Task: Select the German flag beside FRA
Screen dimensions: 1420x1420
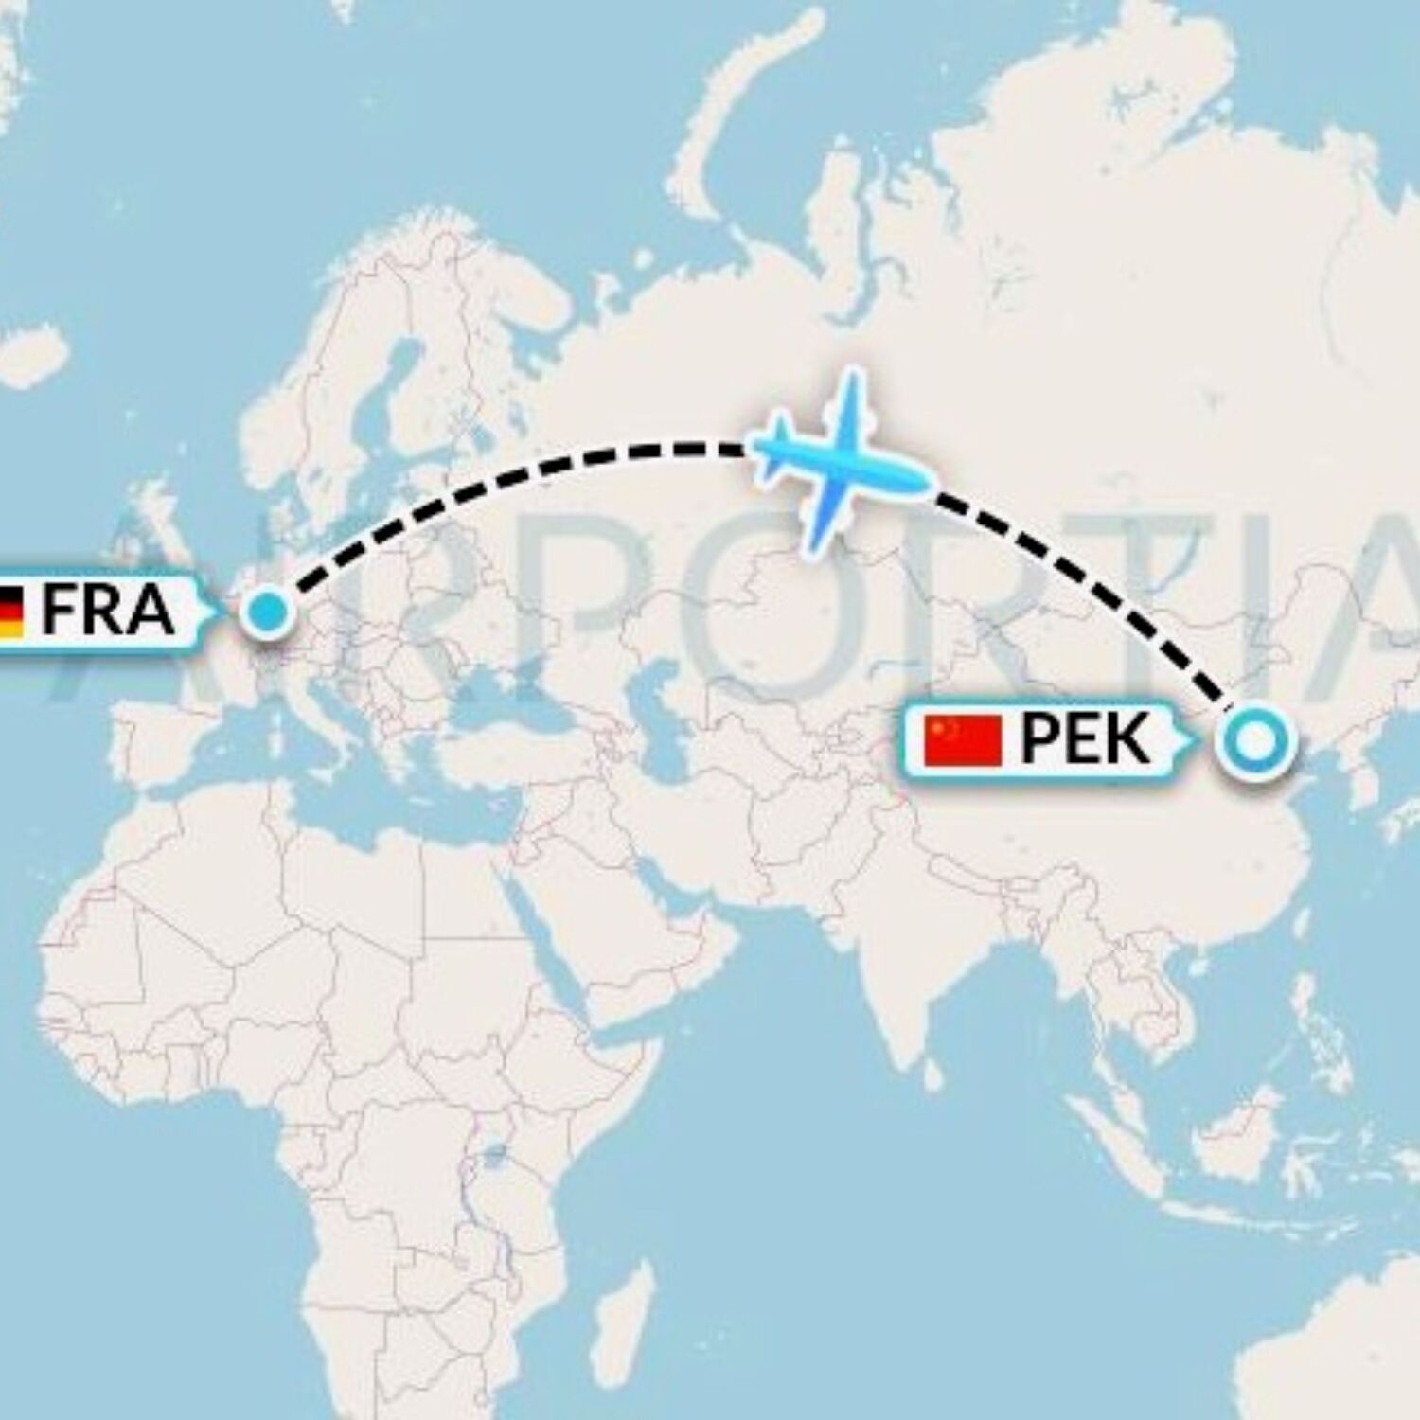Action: pos(10,611)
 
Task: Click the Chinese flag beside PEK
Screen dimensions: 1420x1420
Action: pos(964,740)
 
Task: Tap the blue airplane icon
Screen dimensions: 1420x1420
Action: pos(833,461)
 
